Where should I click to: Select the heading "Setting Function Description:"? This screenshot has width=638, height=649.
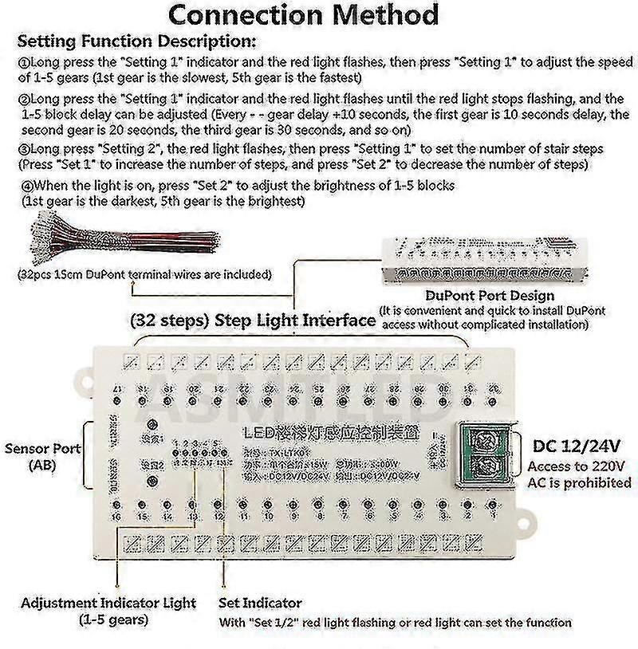(x=137, y=41)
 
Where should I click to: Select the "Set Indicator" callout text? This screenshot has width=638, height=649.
(x=260, y=603)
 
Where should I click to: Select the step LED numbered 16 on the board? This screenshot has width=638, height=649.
(x=117, y=505)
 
